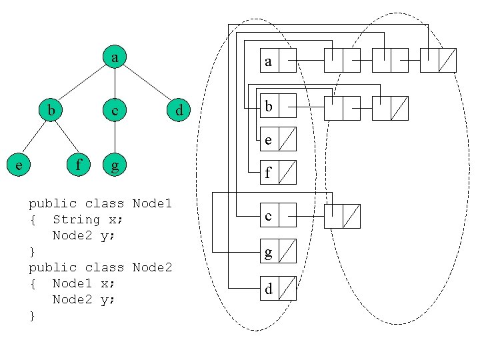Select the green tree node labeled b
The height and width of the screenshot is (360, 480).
click(x=51, y=109)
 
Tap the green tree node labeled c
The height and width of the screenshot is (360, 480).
click(x=115, y=109)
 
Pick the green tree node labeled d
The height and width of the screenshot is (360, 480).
click(x=179, y=109)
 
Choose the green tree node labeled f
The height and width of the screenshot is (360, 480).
click(x=80, y=163)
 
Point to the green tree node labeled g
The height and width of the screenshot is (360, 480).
click(x=115, y=163)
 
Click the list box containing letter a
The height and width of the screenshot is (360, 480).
click(x=269, y=61)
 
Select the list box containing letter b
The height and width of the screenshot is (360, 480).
click(x=269, y=107)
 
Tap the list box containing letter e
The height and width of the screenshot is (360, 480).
click(x=269, y=139)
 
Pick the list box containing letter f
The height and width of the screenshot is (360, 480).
click(x=269, y=173)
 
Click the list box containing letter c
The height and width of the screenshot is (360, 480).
click(x=269, y=215)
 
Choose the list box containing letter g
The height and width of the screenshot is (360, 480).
click(x=269, y=251)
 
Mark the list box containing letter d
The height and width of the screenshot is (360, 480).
click(x=269, y=289)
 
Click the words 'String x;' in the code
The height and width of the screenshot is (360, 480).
click(x=87, y=219)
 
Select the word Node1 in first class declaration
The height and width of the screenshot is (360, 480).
click(x=152, y=203)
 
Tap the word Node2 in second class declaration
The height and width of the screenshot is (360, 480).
click(x=152, y=267)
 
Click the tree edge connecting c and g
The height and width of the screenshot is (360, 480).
click(x=115, y=137)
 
